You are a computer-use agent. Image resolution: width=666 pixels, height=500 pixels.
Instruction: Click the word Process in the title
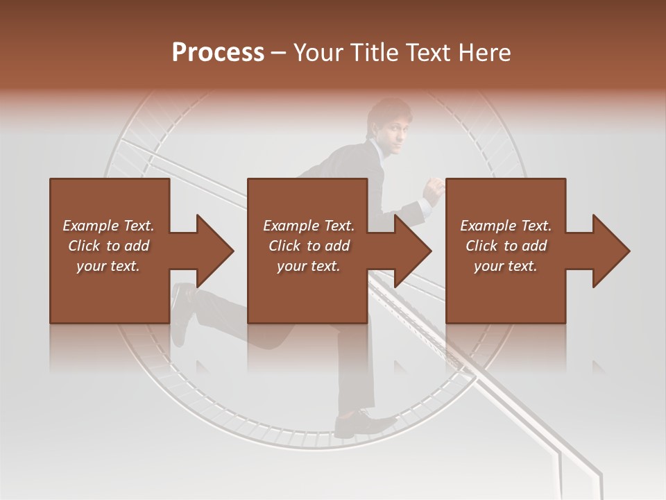point(218,53)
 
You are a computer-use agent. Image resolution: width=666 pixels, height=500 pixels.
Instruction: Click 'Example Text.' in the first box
point(108,226)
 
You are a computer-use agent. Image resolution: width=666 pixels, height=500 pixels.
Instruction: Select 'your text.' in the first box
point(108,266)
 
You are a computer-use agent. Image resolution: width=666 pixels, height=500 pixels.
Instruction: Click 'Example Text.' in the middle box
point(309,226)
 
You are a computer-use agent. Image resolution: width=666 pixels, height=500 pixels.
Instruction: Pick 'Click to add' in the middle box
point(309,246)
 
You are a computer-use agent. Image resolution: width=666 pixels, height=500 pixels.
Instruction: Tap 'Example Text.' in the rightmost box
point(506,226)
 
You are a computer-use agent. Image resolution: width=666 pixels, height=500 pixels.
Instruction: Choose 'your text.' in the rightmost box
point(506,266)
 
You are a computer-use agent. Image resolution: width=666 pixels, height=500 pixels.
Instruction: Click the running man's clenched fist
point(434,190)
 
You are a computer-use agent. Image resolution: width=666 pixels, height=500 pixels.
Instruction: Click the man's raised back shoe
point(182,312)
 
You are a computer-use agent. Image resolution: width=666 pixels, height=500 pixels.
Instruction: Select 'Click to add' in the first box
point(108,246)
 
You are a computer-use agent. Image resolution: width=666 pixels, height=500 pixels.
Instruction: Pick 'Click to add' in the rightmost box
point(506,246)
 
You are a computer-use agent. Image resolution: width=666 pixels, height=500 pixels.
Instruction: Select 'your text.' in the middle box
point(309,266)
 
